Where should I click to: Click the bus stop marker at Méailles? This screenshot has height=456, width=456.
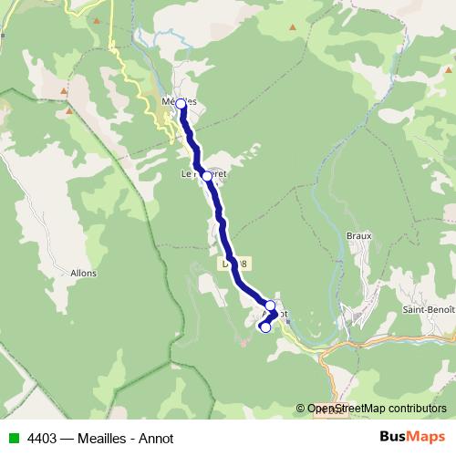pos(181,104)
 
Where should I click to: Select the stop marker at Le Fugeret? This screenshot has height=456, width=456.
pos(207,176)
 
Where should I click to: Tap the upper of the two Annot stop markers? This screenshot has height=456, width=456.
pos(270,306)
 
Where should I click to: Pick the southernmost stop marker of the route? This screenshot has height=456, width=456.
pos(265,328)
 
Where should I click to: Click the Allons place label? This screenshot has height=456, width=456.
pos(83,272)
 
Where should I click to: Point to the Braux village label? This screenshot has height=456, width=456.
pos(359,235)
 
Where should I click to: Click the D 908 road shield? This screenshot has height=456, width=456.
pos(234,263)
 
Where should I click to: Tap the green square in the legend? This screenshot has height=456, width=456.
pos(12,438)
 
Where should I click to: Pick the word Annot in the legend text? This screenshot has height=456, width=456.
pos(156,438)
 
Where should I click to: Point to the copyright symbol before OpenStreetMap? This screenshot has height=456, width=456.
pos(301,409)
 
